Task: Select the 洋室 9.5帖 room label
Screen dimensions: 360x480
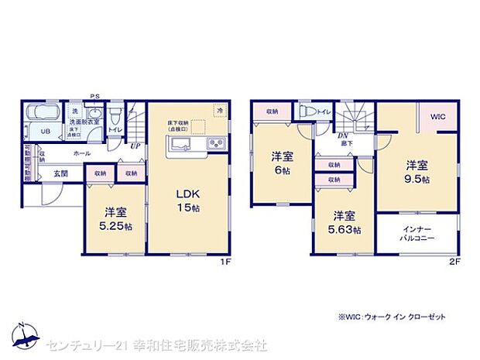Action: (417, 171)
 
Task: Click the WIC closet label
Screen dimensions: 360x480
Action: (438, 117)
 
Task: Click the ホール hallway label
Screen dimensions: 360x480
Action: (82, 155)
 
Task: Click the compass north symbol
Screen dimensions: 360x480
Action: (24, 335)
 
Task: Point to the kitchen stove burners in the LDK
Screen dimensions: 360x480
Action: (214, 143)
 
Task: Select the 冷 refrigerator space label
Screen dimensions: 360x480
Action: (220, 111)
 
